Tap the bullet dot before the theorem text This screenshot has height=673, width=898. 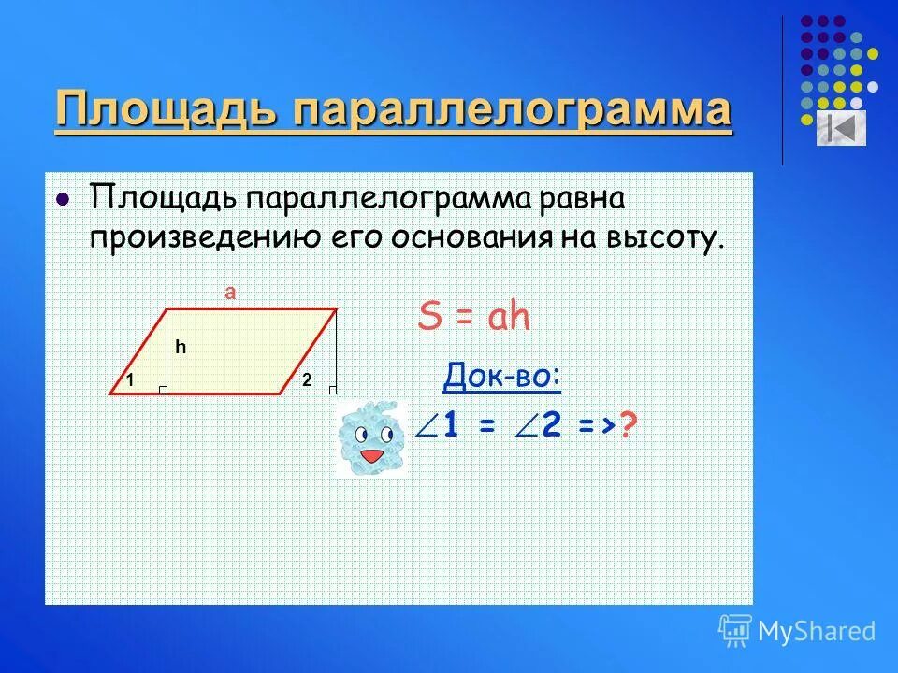coord(63,199)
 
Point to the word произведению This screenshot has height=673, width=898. coord(201,236)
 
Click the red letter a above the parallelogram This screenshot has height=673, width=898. coord(230,293)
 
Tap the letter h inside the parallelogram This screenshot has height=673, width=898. coord(181,347)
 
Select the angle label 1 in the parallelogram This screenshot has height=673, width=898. coord(133,379)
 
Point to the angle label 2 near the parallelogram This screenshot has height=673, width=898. coord(306,379)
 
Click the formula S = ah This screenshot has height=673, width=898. coord(474,318)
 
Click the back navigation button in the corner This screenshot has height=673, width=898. coord(841,128)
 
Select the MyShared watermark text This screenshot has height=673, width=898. coord(817,631)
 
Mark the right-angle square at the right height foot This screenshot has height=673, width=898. coord(331,389)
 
